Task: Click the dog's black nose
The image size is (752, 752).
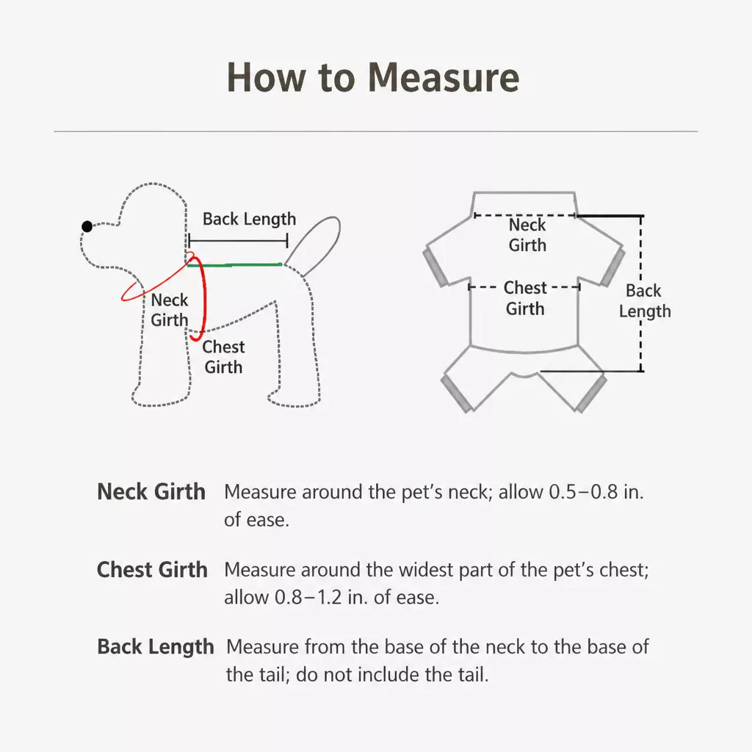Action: coord(87,226)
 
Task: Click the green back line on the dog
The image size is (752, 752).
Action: coord(234,264)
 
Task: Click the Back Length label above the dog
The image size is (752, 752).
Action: coord(250,219)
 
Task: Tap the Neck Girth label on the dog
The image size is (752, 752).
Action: coord(170,310)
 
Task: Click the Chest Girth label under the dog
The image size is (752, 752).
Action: coord(223,357)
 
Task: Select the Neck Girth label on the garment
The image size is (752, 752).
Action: coord(527,235)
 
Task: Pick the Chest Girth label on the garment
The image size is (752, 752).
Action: coord(525,298)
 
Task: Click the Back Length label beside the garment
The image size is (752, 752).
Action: coord(645,301)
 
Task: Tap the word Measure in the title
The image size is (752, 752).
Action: coord(444,77)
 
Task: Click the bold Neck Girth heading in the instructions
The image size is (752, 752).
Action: coord(151,491)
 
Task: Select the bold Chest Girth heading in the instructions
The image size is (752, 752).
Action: coord(152,570)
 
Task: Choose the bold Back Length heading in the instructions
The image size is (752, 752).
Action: coord(156,647)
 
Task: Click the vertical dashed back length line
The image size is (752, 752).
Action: coord(641,294)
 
